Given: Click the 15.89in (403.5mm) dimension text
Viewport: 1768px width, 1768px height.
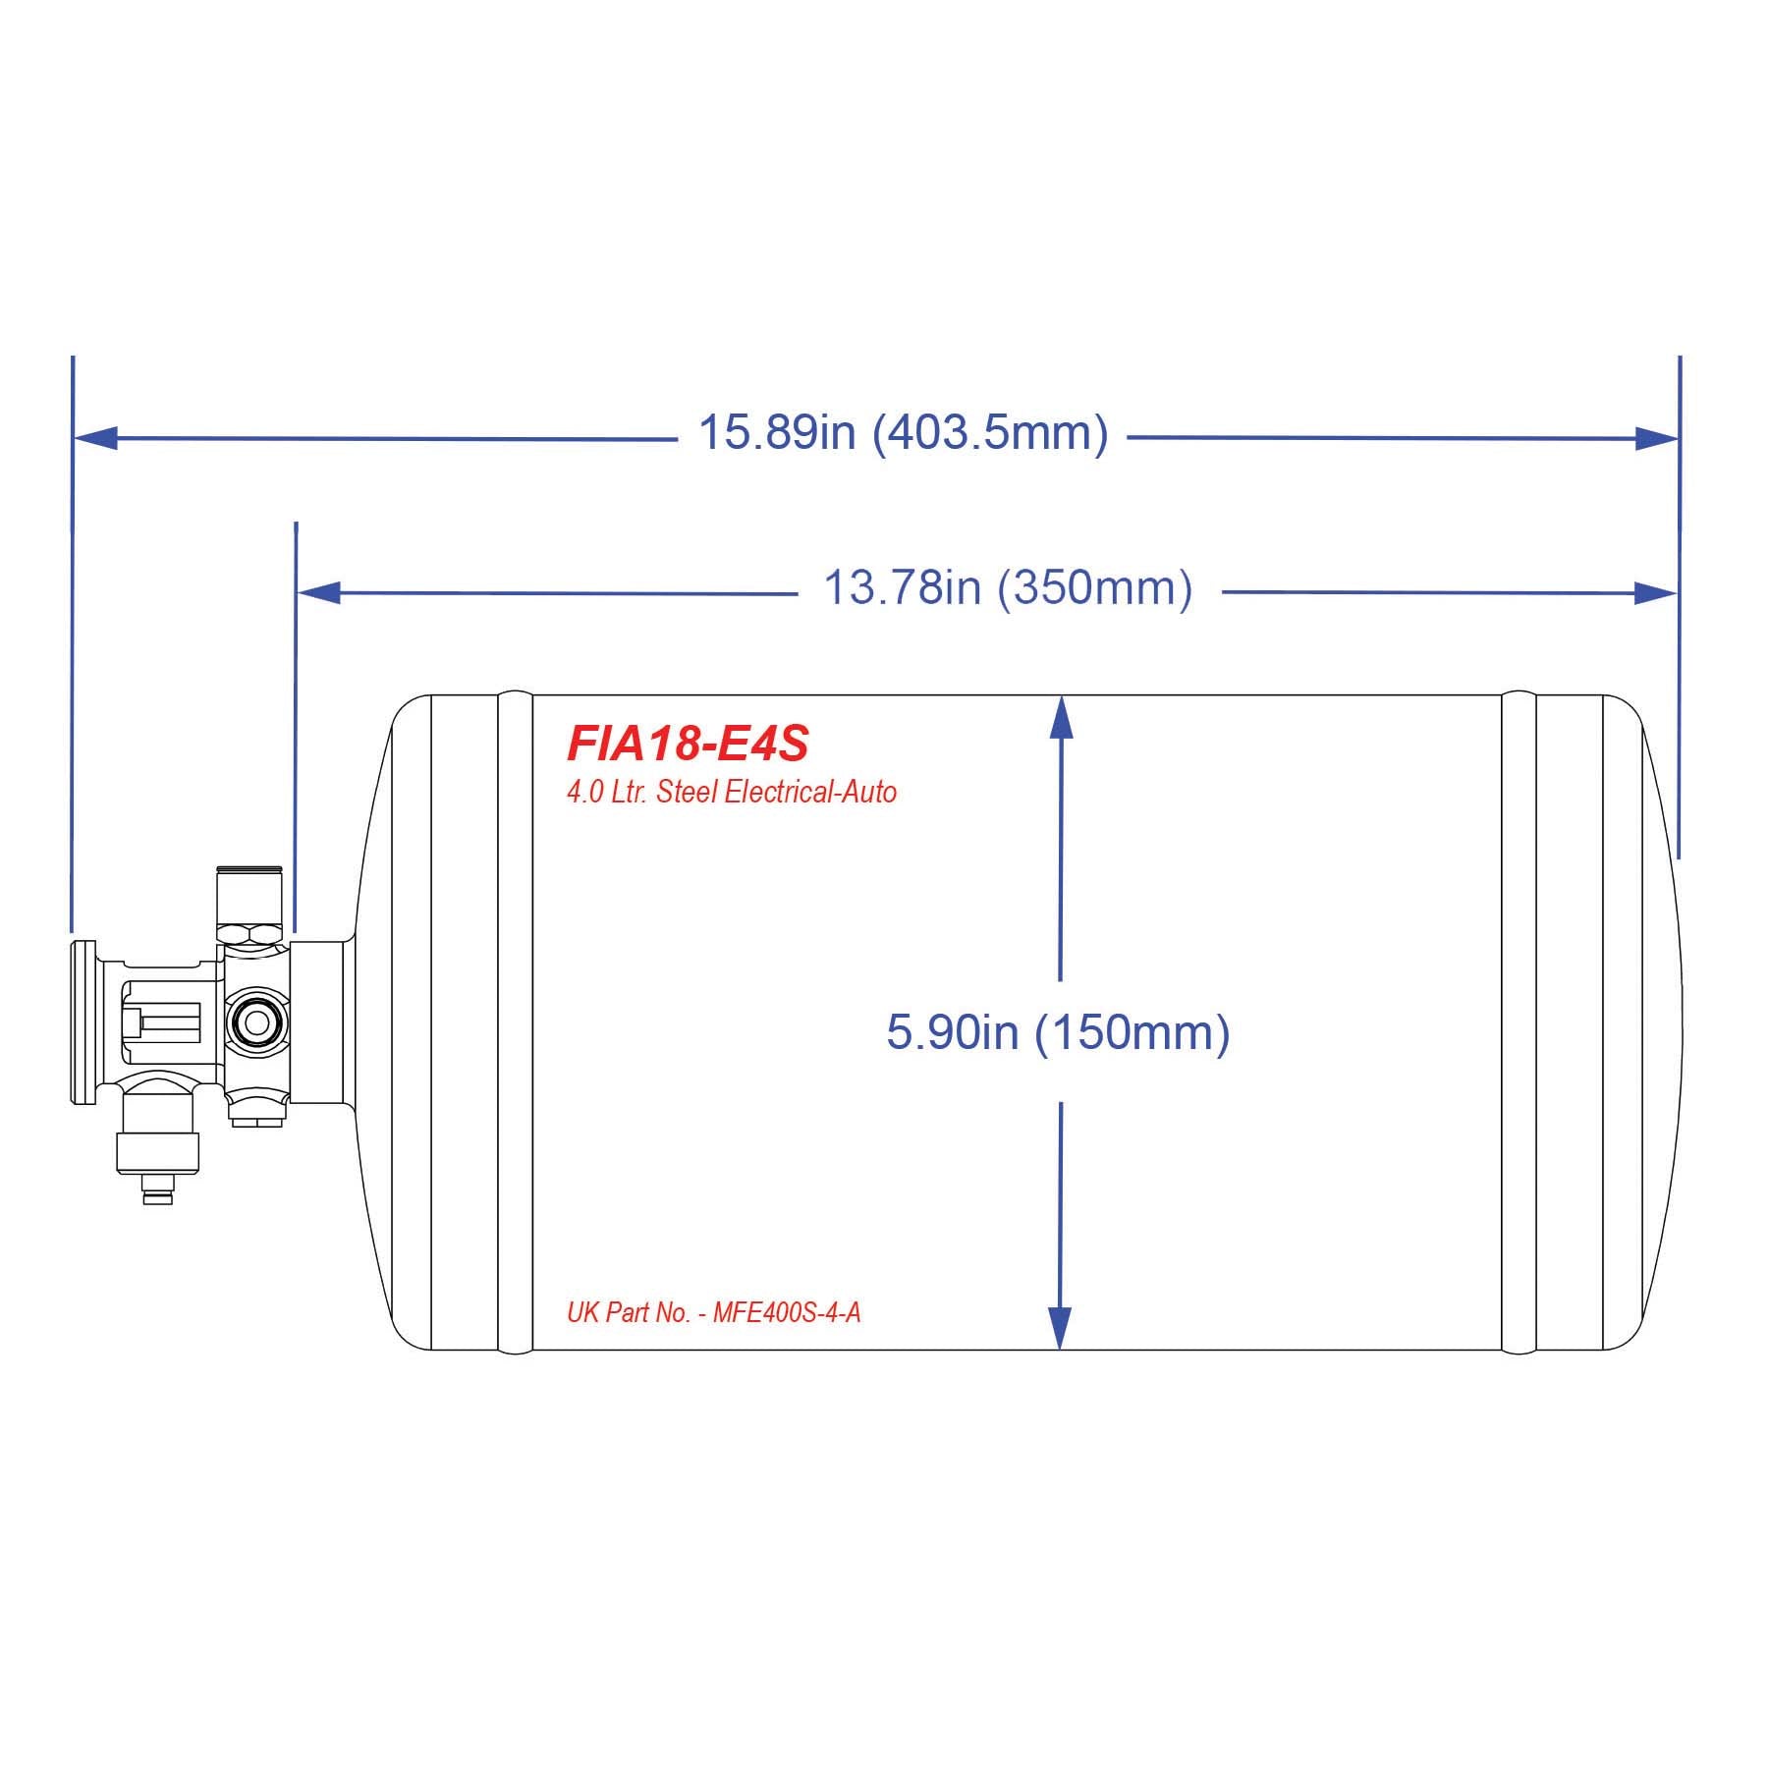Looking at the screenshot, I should [903, 432].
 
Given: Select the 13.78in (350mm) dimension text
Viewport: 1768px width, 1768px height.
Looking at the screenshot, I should [1008, 588].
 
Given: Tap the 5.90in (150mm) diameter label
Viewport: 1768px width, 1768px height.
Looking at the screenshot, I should [1058, 1032].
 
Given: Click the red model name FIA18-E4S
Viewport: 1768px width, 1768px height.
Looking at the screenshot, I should [688, 745].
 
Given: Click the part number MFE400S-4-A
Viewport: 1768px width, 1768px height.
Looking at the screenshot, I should [787, 1313].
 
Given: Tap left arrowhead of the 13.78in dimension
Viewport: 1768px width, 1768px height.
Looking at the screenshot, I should [319, 592].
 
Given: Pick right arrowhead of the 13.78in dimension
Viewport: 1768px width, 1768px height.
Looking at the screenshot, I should [1655, 592].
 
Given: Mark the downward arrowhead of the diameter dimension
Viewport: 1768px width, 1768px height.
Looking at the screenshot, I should [1059, 1327].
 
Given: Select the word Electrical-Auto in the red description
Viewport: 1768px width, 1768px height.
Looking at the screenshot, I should [810, 793].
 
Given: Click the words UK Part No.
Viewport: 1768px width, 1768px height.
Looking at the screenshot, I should [629, 1313].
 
